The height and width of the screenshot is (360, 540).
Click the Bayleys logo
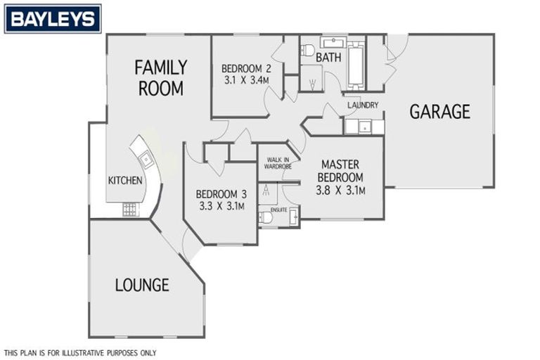(x=53, y=19)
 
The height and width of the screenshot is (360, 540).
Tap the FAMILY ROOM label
(x=161, y=78)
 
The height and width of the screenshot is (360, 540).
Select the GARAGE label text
(x=440, y=112)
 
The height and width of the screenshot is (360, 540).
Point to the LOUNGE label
(x=142, y=285)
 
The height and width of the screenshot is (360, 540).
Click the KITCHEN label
(x=125, y=181)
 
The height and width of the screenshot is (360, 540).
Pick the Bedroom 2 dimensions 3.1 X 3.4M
(x=246, y=80)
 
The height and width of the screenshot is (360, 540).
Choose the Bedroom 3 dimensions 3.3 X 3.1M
(x=221, y=206)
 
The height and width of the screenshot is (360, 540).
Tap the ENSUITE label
(x=279, y=210)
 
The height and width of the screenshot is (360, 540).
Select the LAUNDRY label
(x=363, y=105)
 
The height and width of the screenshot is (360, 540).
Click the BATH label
(x=328, y=56)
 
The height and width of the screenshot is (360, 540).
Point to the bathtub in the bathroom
(x=356, y=65)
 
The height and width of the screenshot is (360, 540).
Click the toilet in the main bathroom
(x=307, y=50)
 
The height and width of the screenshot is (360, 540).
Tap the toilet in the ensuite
(x=266, y=217)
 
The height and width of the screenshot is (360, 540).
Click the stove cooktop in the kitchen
(x=131, y=209)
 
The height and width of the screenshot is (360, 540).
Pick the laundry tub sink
(x=364, y=127)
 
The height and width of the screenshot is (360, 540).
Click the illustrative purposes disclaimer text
(x=80, y=353)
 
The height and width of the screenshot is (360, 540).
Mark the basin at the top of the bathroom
(x=332, y=42)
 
